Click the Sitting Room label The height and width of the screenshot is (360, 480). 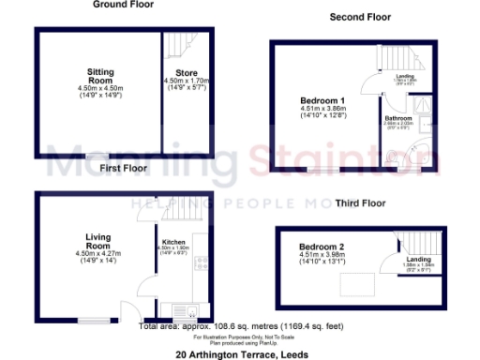100,75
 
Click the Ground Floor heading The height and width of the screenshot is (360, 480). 123,5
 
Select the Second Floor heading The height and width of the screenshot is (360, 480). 360,17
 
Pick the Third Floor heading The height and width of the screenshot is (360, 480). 360,202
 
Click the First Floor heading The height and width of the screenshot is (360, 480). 123,170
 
